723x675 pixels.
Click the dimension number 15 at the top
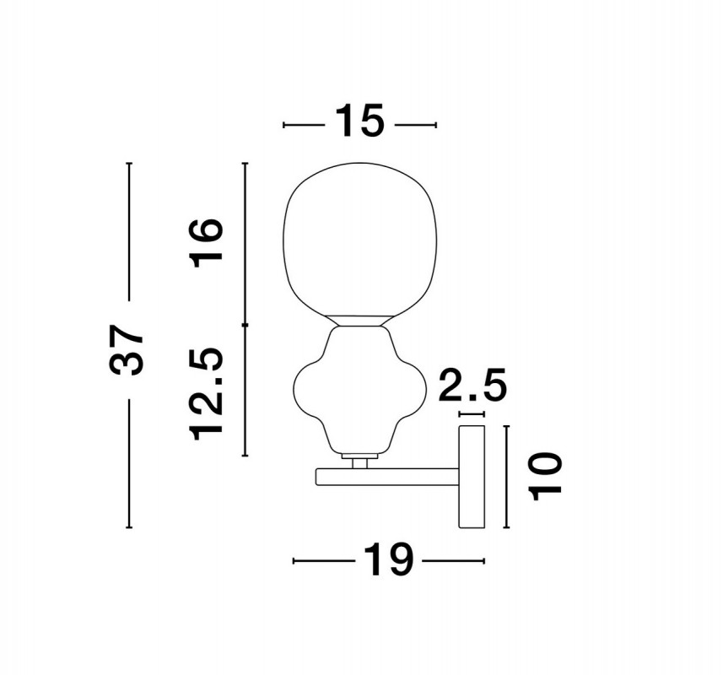(x=359, y=121)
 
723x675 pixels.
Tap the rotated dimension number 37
(x=127, y=350)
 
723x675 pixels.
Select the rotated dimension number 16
(x=207, y=243)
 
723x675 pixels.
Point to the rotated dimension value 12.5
(x=207, y=394)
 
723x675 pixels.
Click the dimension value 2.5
(x=472, y=384)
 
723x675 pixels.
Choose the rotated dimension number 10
(x=547, y=477)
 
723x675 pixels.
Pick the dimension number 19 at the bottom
(x=388, y=559)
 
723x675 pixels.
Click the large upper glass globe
(x=359, y=239)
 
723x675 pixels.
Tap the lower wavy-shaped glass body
(x=359, y=390)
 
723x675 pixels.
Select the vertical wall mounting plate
(x=472, y=477)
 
